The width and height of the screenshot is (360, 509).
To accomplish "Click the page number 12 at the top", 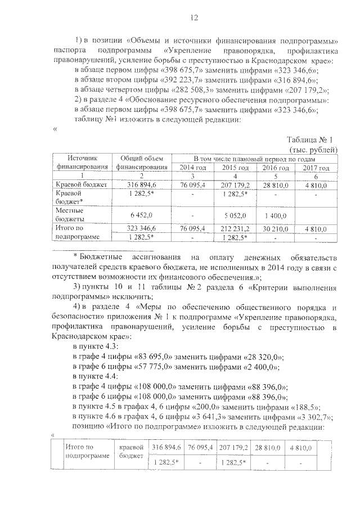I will [x=194, y=18].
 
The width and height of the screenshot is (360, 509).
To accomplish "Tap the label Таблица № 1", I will [x=310, y=140].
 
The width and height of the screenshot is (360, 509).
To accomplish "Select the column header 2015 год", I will [x=235, y=168].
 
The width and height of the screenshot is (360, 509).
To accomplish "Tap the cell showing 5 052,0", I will [x=235, y=214].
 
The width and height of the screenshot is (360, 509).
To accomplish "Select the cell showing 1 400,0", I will [x=276, y=214].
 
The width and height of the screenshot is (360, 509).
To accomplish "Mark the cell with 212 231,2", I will [x=235, y=229].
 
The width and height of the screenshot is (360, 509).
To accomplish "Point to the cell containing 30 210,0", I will [x=276, y=229].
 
